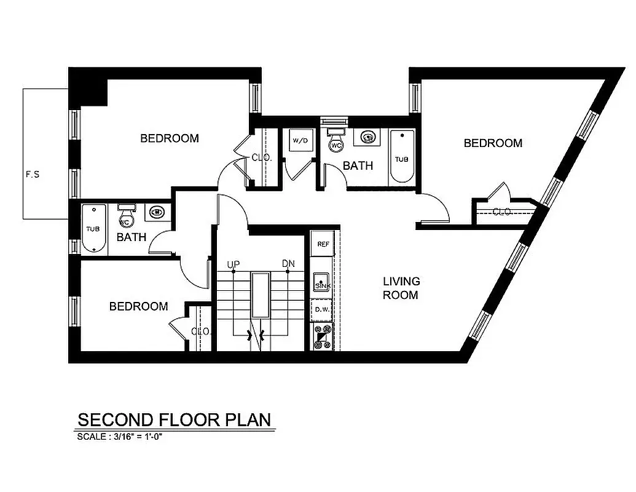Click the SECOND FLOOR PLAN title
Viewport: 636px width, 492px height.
174,419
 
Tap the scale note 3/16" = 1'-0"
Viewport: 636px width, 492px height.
120,437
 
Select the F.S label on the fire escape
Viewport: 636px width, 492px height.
33,174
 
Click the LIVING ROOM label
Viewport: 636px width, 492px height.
401,288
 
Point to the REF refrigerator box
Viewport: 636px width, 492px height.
323,244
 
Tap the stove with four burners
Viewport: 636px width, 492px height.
322,336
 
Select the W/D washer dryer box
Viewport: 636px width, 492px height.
300,141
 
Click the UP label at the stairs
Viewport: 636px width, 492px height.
233,264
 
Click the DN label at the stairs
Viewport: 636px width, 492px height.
288,264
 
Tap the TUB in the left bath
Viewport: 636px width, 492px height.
92,229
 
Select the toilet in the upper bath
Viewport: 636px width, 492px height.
336,141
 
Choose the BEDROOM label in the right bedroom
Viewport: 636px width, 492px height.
493,143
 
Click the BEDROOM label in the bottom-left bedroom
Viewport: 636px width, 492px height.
138,306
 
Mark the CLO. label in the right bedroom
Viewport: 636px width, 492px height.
503,212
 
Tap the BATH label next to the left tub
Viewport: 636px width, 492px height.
132,237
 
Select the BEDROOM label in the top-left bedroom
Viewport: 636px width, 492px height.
170,138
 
